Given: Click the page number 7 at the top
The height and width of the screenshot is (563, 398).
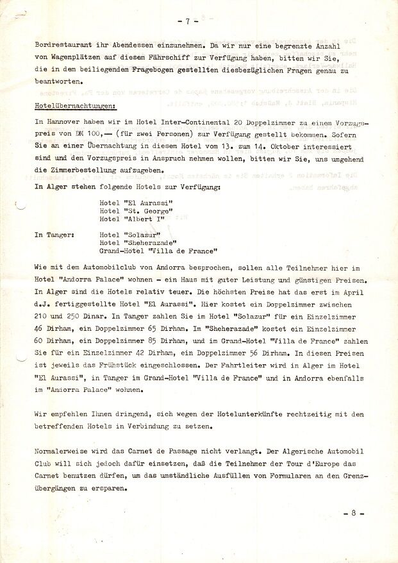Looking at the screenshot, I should [187, 21].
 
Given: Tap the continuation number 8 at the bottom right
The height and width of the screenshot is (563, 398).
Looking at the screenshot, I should [354, 514].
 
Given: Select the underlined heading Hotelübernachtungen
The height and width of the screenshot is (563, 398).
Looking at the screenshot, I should [76, 104].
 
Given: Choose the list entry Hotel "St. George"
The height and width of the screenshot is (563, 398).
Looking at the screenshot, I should [136, 211].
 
